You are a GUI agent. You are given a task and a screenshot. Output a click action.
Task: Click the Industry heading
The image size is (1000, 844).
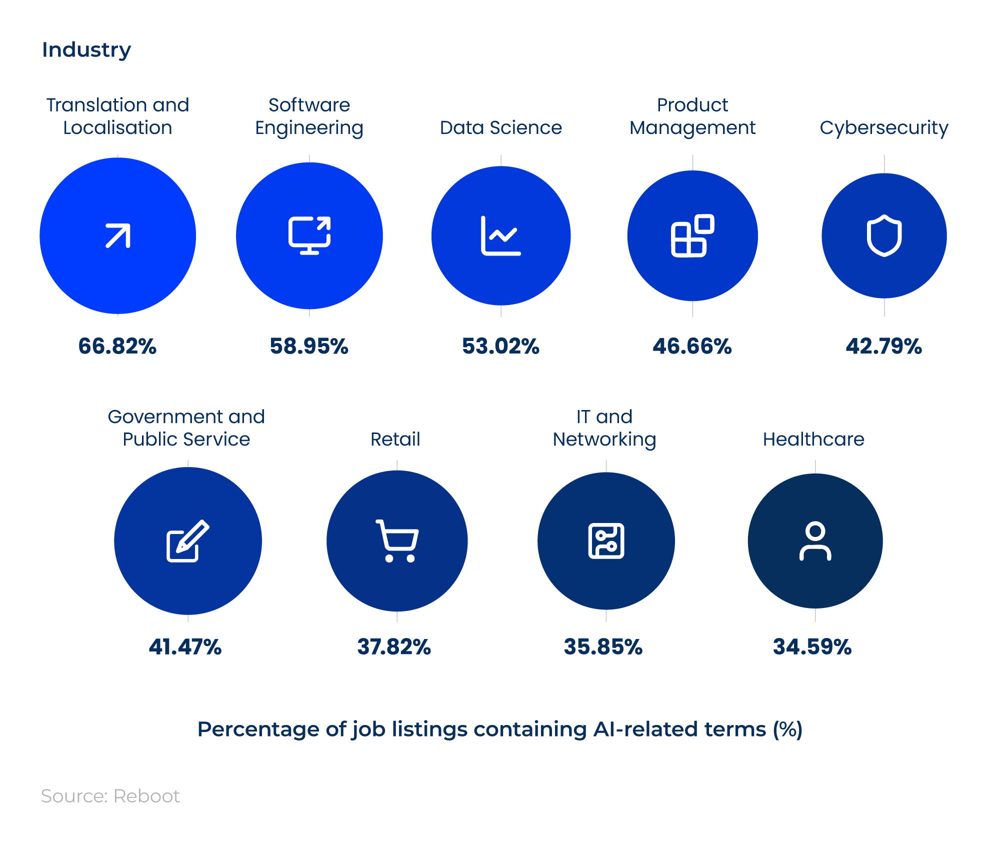(86, 50)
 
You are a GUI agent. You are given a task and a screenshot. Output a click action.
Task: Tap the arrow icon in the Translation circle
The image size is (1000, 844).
(118, 235)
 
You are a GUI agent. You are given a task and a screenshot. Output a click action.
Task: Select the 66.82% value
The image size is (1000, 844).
(117, 346)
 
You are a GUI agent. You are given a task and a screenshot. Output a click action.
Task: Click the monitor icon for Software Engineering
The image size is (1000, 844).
(309, 235)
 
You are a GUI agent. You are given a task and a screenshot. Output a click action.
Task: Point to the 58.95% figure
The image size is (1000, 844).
(309, 346)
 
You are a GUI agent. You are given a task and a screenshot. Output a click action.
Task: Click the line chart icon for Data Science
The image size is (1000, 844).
(500, 235)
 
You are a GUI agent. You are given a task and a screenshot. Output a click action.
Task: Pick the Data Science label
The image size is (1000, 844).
(500, 127)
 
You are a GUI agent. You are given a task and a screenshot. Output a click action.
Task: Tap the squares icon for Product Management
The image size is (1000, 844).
(692, 235)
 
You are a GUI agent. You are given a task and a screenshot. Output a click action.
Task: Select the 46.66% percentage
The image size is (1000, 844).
(692, 346)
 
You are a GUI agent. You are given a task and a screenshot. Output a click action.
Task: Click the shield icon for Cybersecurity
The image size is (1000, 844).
(884, 235)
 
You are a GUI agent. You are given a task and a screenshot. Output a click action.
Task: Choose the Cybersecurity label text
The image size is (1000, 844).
(883, 128)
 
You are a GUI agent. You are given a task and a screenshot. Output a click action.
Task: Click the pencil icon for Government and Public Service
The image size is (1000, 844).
(187, 541)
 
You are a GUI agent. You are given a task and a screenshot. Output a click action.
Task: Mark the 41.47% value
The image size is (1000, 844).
(185, 646)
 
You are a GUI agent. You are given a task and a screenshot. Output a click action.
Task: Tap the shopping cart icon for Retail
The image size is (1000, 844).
(397, 541)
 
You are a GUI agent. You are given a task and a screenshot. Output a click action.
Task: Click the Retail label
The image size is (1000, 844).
(395, 439)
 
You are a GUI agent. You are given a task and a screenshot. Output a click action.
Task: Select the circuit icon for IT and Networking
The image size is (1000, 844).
(606, 541)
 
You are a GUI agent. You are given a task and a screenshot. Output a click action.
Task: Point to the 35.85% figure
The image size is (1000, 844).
(603, 646)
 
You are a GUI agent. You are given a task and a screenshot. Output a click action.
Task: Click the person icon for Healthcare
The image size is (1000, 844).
(815, 541)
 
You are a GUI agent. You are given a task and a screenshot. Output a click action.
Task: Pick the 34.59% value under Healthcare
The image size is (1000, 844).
(812, 646)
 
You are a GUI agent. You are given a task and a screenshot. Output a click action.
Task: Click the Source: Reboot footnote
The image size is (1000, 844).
(110, 796)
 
